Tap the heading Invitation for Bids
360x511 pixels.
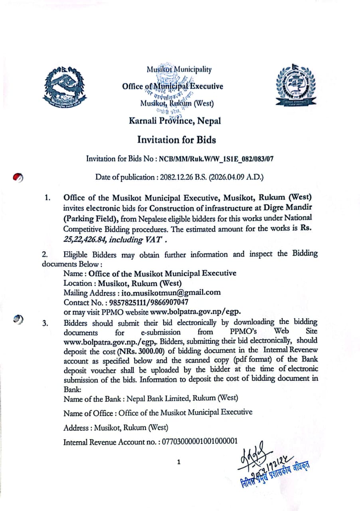point(176,140)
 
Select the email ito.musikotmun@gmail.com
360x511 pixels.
point(171,293)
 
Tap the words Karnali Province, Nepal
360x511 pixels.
point(175,121)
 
